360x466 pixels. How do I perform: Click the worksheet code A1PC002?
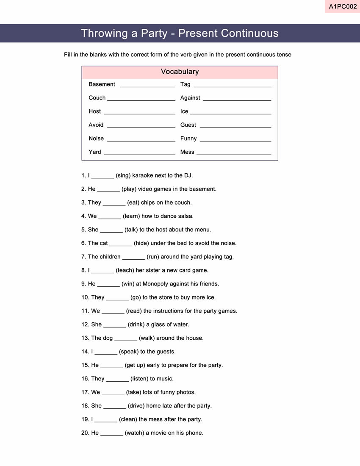tap(343, 7)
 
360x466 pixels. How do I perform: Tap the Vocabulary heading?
tap(180, 72)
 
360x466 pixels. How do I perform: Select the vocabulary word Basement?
tap(102, 84)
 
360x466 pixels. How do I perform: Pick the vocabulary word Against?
tap(190, 98)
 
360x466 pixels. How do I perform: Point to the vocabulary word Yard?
tap(95, 152)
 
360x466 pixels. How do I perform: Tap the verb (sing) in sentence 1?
tap(123, 175)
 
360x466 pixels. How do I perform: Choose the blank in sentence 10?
tap(117, 299)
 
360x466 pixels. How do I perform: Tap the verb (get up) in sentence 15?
tap(134, 365)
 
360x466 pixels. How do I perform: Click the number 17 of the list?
tap(85, 392)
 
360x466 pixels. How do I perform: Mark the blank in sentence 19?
tap(106, 421)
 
